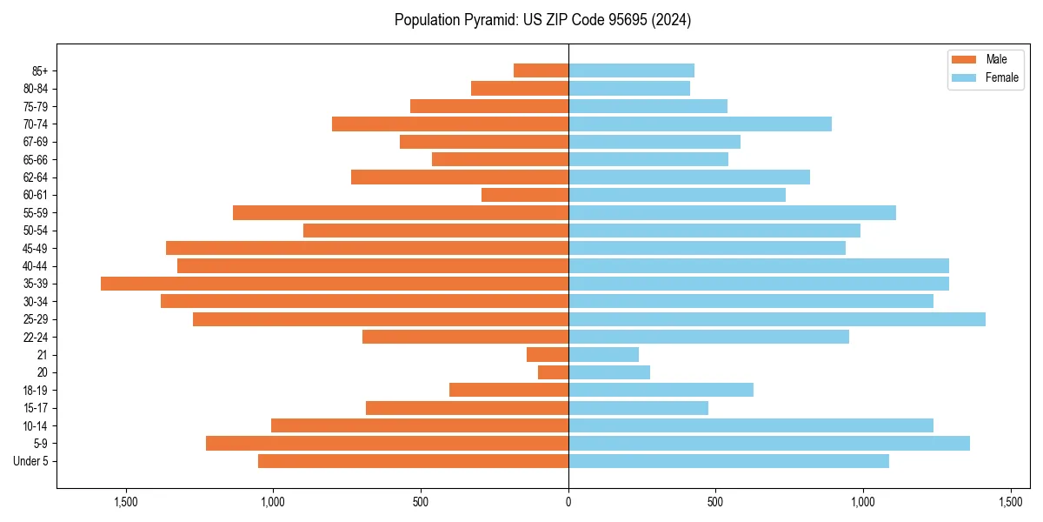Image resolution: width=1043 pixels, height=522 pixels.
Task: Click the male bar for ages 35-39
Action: coord(335,284)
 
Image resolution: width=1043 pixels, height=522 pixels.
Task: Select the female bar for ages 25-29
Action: coord(776,319)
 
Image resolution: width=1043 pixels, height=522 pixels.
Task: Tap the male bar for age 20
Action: coord(553,372)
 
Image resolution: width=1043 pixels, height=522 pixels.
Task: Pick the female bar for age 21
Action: coord(603,355)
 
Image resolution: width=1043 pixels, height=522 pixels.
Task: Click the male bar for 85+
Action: coord(541,70)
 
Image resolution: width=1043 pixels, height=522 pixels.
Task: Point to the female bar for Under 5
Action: coord(728,461)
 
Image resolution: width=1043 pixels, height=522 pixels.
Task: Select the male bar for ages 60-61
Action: coord(525,195)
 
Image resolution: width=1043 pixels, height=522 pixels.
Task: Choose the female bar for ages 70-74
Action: coord(700,124)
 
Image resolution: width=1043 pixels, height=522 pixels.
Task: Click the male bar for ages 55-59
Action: coord(401,212)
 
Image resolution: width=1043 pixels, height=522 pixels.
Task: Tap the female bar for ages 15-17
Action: coord(638,408)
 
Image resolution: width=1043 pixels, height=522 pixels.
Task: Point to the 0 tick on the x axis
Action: coord(568,502)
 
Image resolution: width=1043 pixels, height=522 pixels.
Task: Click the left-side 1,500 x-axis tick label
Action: coord(127,502)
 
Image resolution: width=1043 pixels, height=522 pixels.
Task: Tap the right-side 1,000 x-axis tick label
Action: coord(863,502)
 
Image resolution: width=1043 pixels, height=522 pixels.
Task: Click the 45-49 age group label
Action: coord(36,248)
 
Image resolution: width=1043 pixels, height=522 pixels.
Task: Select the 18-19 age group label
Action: coord(36,391)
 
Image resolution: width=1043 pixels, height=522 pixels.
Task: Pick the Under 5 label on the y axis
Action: coord(31,461)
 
